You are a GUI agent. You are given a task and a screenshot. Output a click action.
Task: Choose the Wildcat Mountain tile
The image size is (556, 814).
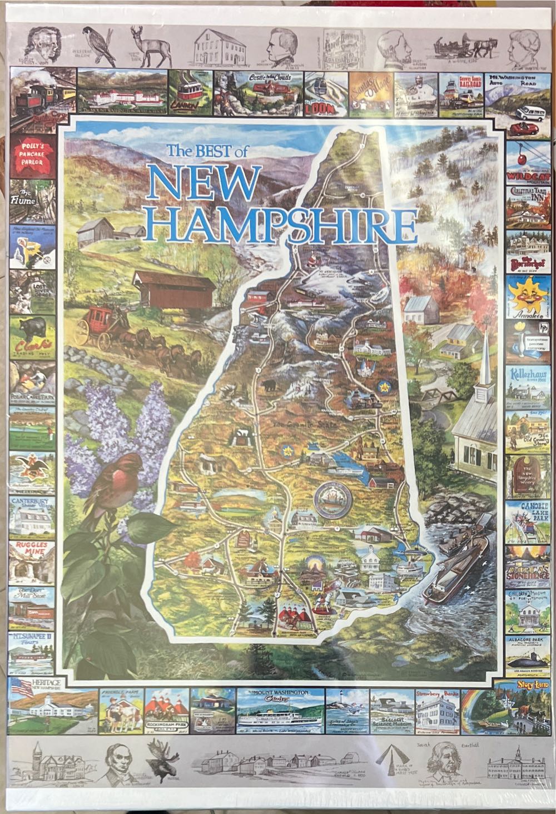pyautogui.click(x=527, y=161)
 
